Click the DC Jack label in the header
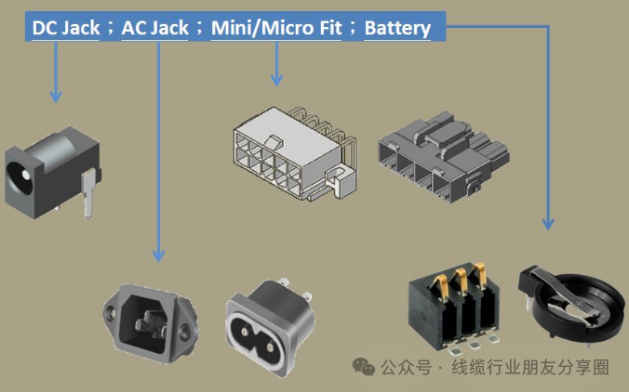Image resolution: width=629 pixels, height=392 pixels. pyautogui.click(x=66, y=28)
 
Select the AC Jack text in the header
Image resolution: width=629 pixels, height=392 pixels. pyautogui.click(x=155, y=28)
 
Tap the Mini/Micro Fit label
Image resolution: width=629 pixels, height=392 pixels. pyautogui.click(x=276, y=28)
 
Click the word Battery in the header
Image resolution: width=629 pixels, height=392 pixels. pyautogui.click(x=397, y=28)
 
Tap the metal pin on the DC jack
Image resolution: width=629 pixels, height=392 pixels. pyautogui.click(x=87, y=195)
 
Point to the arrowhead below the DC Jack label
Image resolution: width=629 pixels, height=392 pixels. pyautogui.click(x=56, y=96)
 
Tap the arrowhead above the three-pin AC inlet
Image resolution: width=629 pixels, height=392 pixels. pyautogui.click(x=158, y=255)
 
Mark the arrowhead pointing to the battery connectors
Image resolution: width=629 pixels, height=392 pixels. pyautogui.click(x=548, y=223)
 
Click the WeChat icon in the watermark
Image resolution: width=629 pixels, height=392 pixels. pyautogui.click(x=364, y=367)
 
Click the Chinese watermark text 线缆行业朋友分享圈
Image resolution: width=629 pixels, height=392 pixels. pyautogui.click(x=530, y=368)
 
